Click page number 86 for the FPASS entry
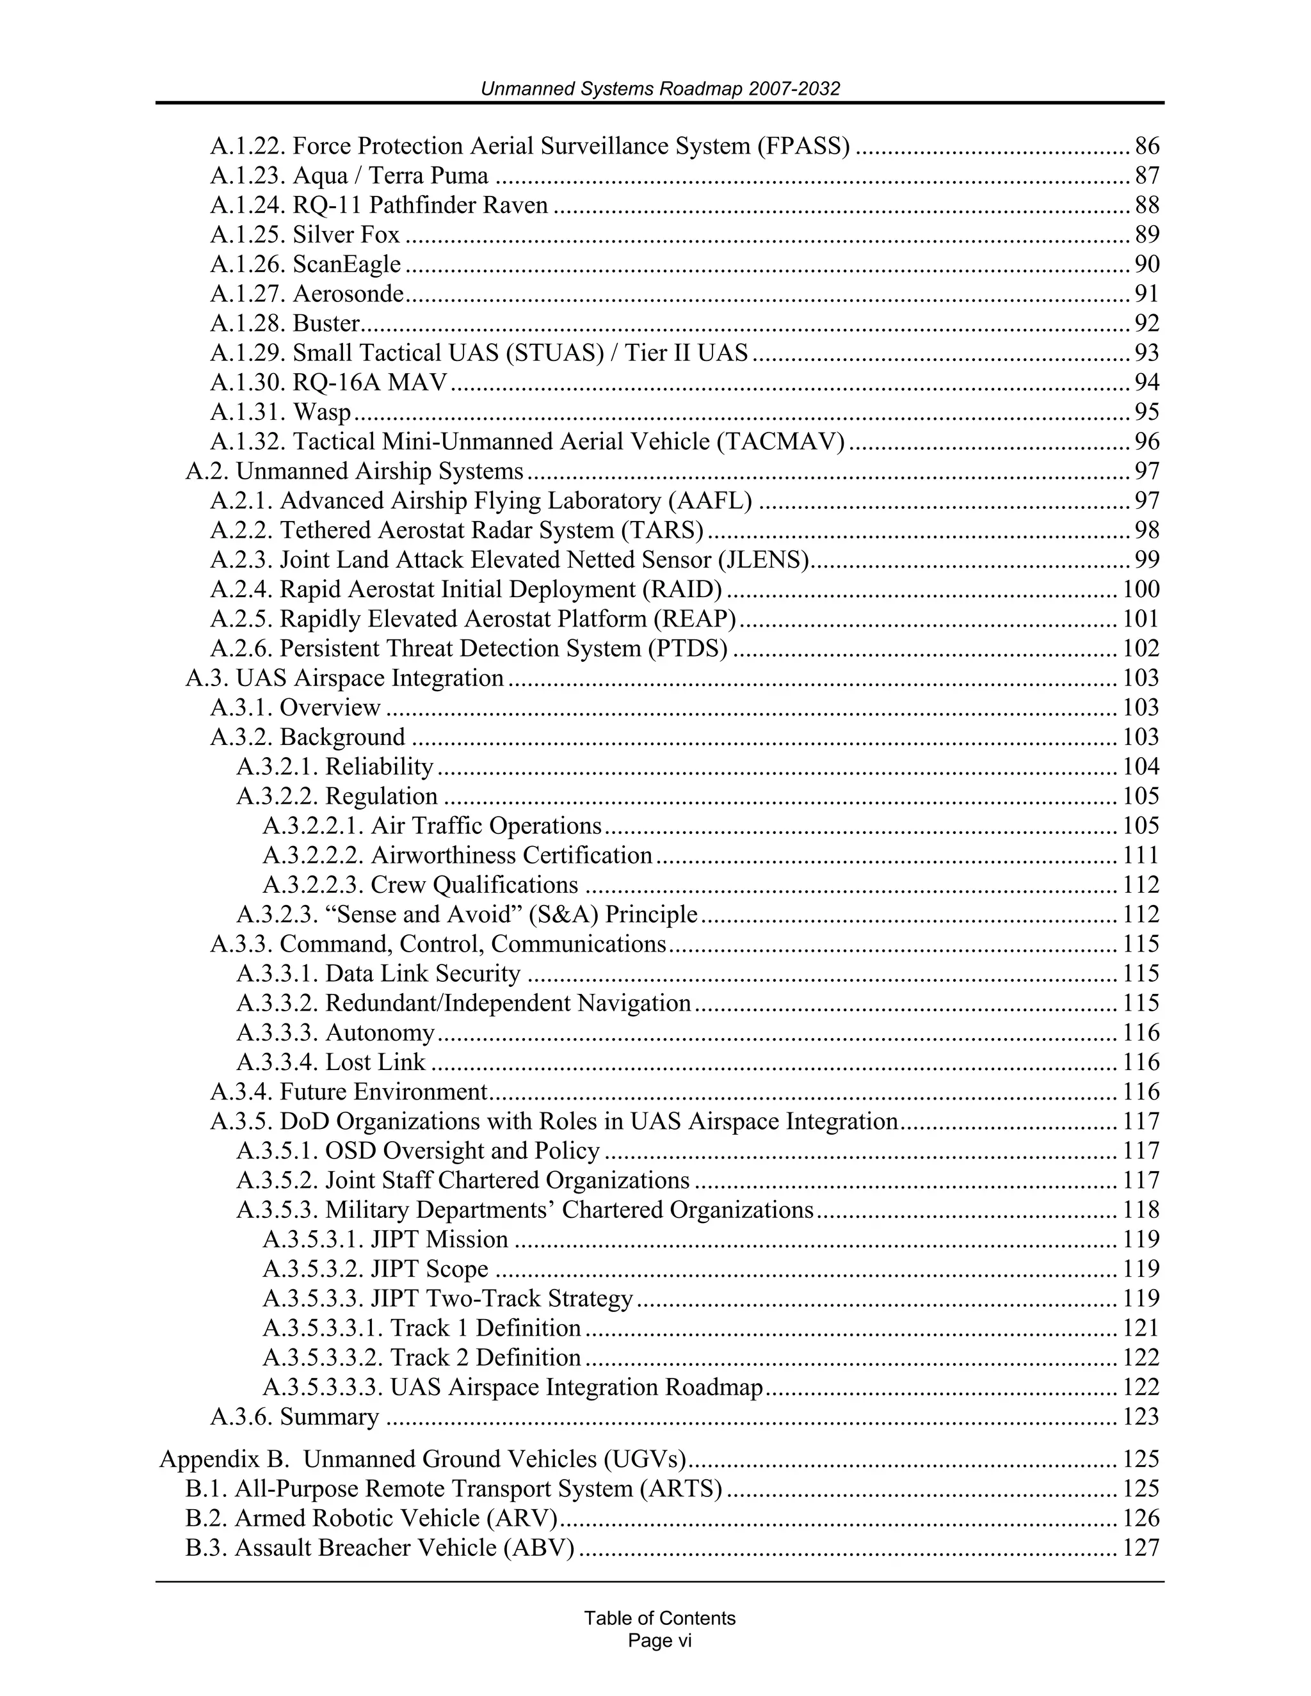pos(1146,145)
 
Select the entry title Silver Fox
pos(346,234)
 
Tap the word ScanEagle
pos(346,264)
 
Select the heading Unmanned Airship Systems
pos(379,470)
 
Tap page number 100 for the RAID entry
pos(1140,589)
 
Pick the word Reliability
pos(379,767)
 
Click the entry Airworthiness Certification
pos(511,855)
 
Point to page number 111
pos(1140,855)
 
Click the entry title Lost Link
pos(375,1062)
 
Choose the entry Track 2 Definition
pos(485,1357)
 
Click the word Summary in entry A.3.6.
pos(329,1416)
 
